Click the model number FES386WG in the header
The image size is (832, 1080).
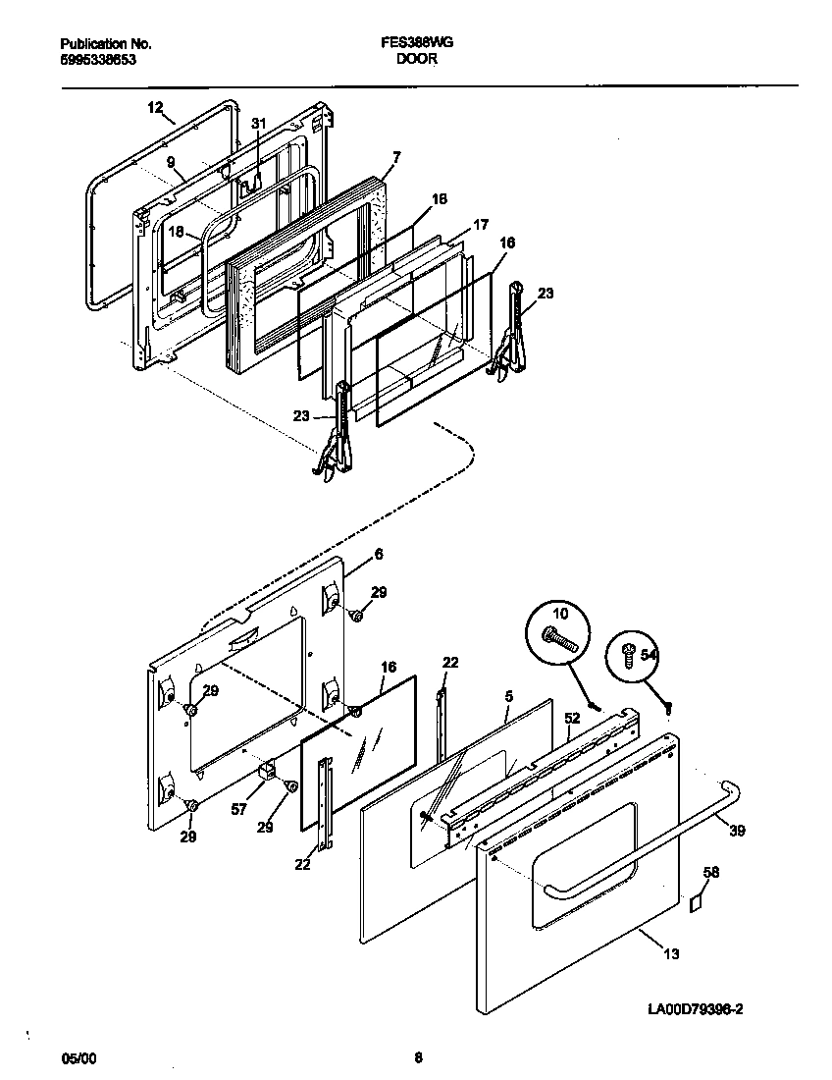(417, 44)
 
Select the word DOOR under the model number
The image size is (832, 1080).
(417, 59)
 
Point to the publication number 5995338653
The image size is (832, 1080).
(97, 59)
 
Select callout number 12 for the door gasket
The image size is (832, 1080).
(155, 107)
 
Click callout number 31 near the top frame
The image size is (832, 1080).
(258, 124)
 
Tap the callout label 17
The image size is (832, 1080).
(480, 224)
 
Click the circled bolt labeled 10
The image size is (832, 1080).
(560, 629)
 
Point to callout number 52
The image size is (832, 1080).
(571, 719)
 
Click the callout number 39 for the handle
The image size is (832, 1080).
(737, 831)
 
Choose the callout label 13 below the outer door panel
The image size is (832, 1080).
(671, 952)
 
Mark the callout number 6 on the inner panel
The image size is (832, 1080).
(378, 554)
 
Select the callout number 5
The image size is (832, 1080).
(508, 696)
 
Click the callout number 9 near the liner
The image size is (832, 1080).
(171, 161)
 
